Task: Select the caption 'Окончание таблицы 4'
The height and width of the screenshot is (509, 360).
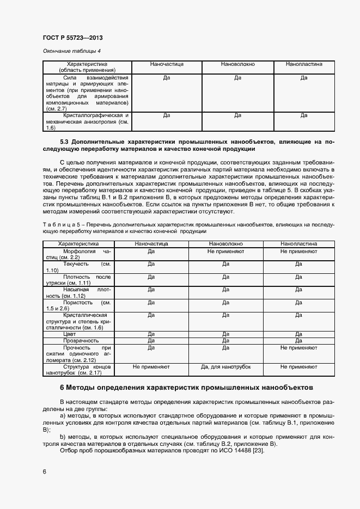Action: tap(71, 51)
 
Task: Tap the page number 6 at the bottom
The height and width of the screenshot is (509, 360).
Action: tap(44, 471)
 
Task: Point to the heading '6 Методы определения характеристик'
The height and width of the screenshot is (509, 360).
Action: tap(201, 388)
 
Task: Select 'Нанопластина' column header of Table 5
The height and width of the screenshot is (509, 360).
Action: tap(298, 244)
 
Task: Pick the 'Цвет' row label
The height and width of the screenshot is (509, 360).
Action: tap(70, 334)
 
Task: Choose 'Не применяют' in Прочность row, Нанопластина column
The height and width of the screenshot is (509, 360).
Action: tap(298, 347)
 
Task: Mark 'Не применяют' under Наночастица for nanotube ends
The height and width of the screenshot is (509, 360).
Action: tap(151, 367)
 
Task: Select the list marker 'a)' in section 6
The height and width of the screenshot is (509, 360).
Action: tap(62, 415)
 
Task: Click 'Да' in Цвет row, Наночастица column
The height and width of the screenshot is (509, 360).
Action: tap(151, 334)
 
